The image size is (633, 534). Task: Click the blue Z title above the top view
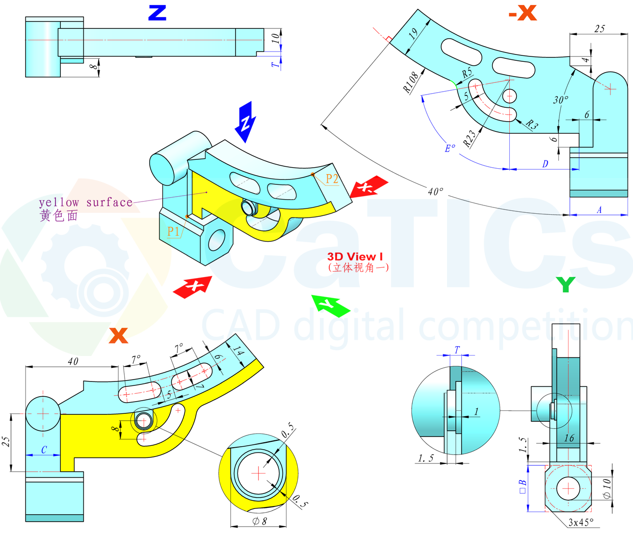157,13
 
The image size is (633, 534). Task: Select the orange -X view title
523,13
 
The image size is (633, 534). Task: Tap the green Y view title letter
566,284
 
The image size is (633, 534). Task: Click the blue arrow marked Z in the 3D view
246,122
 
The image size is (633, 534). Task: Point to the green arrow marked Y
330,305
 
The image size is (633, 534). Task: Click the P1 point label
173,231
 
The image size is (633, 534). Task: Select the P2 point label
332,179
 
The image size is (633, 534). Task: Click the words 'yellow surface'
86,203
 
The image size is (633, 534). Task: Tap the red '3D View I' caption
355,256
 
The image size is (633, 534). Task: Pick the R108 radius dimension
412,82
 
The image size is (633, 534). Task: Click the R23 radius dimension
470,139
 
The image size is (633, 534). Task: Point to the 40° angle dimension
435,191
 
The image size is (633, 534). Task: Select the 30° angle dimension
561,100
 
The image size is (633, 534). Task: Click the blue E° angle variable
449,148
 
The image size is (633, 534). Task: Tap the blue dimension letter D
545,164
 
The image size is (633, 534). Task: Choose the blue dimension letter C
44,449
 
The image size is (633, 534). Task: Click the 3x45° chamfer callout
580,522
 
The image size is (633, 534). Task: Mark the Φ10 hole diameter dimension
607,489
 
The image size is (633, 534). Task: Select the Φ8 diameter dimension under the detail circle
259,521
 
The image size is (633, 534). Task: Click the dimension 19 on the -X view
413,33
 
